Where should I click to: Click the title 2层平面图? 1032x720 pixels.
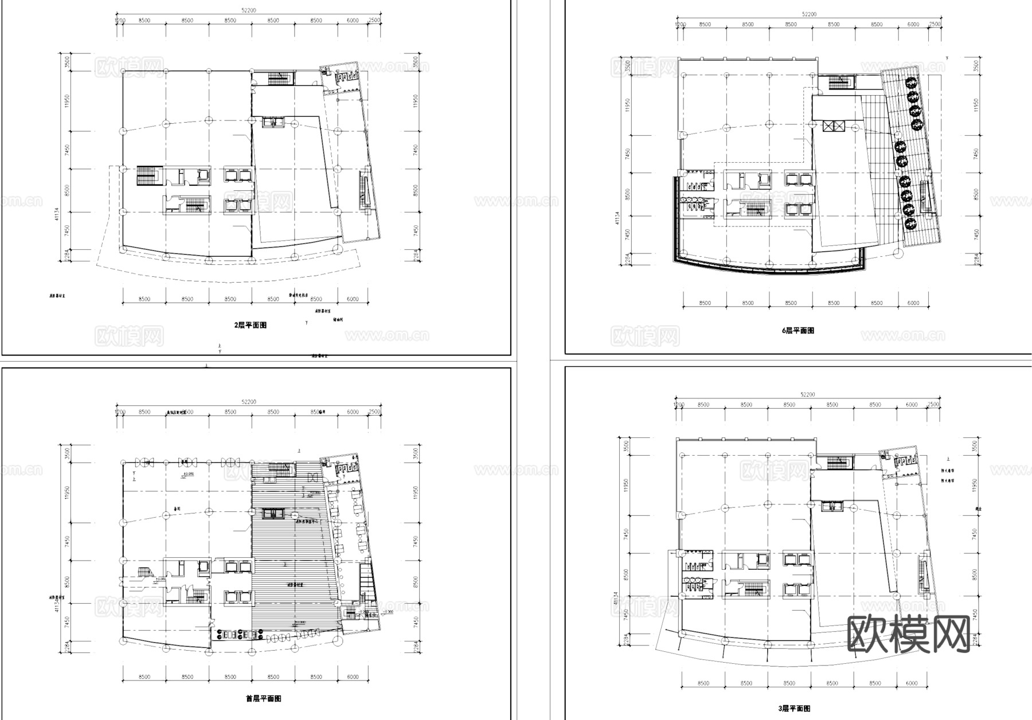(x=251, y=325)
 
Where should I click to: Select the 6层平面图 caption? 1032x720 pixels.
(x=798, y=331)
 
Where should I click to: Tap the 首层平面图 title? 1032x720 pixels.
(x=263, y=699)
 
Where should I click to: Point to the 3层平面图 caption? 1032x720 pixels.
(x=795, y=709)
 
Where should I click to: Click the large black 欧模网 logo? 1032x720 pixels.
(x=908, y=635)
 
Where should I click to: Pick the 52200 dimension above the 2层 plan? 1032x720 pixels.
(x=248, y=10)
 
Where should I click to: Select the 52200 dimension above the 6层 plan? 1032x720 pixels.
(x=809, y=14)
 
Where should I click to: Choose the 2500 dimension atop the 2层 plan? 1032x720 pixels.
(x=374, y=21)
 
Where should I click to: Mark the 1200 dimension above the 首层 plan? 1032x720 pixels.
(x=120, y=412)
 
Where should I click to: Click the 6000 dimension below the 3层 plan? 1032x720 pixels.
(x=912, y=683)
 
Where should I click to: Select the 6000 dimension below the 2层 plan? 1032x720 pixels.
(x=353, y=299)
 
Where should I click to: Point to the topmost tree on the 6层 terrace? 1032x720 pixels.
(x=911, y=84)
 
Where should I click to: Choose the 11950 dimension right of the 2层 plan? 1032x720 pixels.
(x=415, y=101)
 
